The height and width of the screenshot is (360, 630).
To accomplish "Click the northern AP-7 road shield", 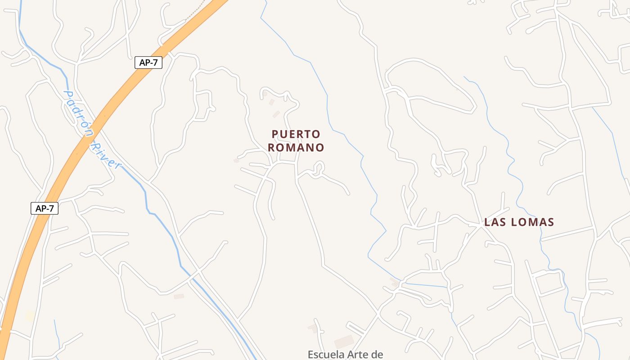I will [x=148, y=63].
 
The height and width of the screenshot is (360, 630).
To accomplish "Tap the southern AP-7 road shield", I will [x=45, y=208].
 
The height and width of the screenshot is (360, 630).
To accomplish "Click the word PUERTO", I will [x=296, y=134].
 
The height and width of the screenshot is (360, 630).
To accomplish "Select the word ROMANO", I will [x=296, y=148].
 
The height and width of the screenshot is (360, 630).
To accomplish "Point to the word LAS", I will [x=496, y=222].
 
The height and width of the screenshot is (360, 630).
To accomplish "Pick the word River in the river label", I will [x=107, y=156].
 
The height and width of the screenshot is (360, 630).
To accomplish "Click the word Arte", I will [x=358, y=355].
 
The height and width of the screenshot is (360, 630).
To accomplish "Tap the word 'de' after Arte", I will [x=377, y=355].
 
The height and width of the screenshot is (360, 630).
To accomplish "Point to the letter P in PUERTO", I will [x=275, y=134].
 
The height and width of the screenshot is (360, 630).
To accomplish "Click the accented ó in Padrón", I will [x=82, y=122].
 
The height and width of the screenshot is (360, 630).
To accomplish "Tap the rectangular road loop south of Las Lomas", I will [x=549, y=283].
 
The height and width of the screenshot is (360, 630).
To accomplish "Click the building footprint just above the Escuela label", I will [x=344, y=342].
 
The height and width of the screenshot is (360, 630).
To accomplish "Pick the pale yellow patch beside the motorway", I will [x=30, y=316].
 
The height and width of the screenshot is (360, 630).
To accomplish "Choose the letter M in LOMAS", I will [x=530, y=222].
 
